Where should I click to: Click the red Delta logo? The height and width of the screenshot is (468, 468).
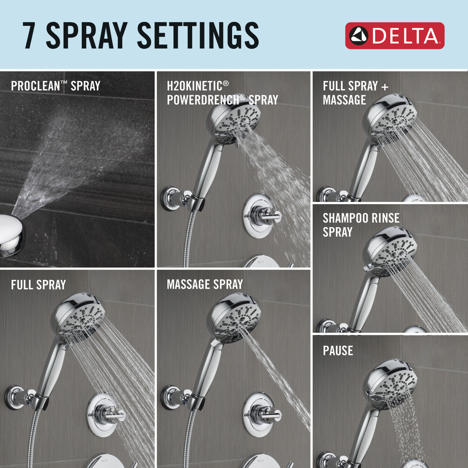394,36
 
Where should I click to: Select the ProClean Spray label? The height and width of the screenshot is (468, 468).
55,86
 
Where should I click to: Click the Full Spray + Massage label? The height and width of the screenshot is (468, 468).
355,93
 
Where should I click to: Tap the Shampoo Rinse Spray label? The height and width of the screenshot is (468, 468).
361,225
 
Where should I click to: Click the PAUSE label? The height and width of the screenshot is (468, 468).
338,350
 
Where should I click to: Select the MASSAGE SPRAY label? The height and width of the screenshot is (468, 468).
205,284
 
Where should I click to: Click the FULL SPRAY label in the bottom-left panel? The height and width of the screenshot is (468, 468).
38,285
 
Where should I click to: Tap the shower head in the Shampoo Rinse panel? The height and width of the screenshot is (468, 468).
390,251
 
